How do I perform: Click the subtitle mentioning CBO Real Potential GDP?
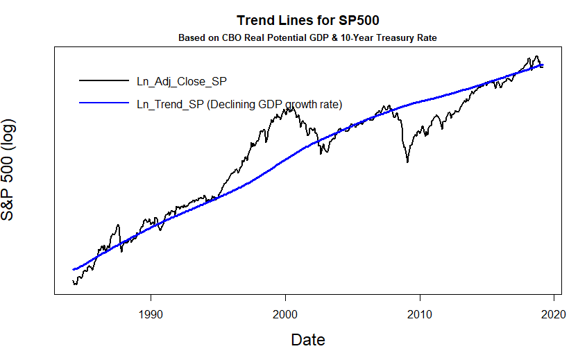tap(307, 37)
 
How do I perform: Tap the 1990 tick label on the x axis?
tap(151, 314)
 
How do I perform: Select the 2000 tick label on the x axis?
tap(285, 314)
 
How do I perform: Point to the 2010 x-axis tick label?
tap(420, 314)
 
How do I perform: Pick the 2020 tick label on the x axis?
tap(554, 314)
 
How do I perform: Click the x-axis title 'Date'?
tap(307, 340)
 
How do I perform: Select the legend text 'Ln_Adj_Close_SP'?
tap(181, 81)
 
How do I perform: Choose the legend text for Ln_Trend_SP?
tap(239, 104)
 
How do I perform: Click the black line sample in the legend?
tap(104, 81)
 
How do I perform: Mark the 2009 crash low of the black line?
tap(407, 162)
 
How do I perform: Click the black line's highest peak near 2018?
tap(536, 56)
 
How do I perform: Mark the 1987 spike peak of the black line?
tap(119, 225)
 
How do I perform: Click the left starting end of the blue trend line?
tap(73, 269)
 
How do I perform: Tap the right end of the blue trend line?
tap(543, 65)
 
